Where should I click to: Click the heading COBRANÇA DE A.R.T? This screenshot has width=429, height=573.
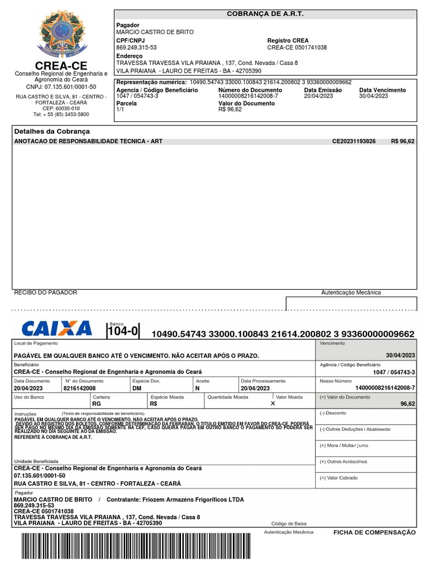pos(265,13)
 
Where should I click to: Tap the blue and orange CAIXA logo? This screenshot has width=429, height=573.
pos(56,328)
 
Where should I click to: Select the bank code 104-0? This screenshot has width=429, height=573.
pos(123,331)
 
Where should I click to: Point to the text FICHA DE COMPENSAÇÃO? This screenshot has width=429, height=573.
pos(374,533)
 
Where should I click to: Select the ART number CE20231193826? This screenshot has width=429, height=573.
pos(354,142)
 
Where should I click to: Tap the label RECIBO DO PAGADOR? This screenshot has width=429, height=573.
pos(45,293)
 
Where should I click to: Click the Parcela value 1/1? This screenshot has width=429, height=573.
pos(120,110)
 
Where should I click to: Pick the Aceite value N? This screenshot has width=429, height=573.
pos(198,388)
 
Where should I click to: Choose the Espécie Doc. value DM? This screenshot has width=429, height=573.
pos(137,388)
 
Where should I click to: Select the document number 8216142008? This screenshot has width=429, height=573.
pos(80,388)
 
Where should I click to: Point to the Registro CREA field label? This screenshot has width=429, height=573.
pos(288,41)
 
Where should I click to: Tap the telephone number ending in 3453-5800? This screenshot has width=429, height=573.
pos(61,114)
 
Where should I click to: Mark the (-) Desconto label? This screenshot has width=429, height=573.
pos(333,413)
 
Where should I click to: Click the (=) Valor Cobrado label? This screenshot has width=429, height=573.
pos(339,478)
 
